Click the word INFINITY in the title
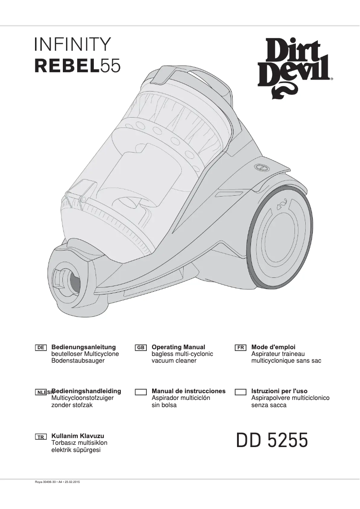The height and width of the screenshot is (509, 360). click(x=72, y=45)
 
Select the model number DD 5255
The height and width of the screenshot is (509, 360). click(x=272, y=441)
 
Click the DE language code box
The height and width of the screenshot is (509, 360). click(x=41, y=348)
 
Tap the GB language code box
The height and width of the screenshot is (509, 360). click(x=141, y=348)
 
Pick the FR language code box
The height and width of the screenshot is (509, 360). click(x=241, y=348)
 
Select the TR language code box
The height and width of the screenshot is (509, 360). click(x=41, y=437)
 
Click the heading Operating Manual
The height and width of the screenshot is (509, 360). click(x=178, y=347)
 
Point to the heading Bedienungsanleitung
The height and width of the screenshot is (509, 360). click(x=84, y=347)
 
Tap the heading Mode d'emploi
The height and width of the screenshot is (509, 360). click(x=273, y=347)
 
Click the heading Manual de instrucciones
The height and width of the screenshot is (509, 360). click(x=189, y=391)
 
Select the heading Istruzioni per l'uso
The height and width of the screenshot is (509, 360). click(x=279, y=391)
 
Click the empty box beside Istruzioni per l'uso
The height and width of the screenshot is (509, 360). click(x=241, y=392)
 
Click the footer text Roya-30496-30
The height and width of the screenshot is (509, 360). click(x=45, y=482)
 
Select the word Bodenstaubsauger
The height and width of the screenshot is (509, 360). click(x=78, y=361)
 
